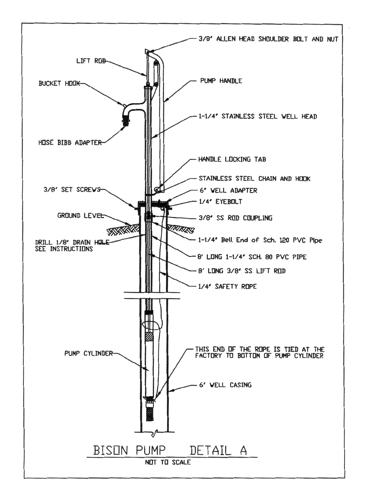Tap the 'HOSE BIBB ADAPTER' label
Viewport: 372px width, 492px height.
(70, 143)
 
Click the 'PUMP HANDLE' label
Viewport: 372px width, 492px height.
(221, 81)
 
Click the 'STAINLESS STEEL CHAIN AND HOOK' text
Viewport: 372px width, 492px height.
(255, 179)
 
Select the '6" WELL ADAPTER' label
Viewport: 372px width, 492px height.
(228, 190)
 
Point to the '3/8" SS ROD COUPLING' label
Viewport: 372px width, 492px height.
(235, 218)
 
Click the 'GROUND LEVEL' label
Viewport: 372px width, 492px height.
(80, 215)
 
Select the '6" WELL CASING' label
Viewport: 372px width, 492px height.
(225, 385)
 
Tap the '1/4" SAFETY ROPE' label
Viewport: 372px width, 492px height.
(227, 286)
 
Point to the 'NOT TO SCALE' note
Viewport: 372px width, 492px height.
(168, 463)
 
